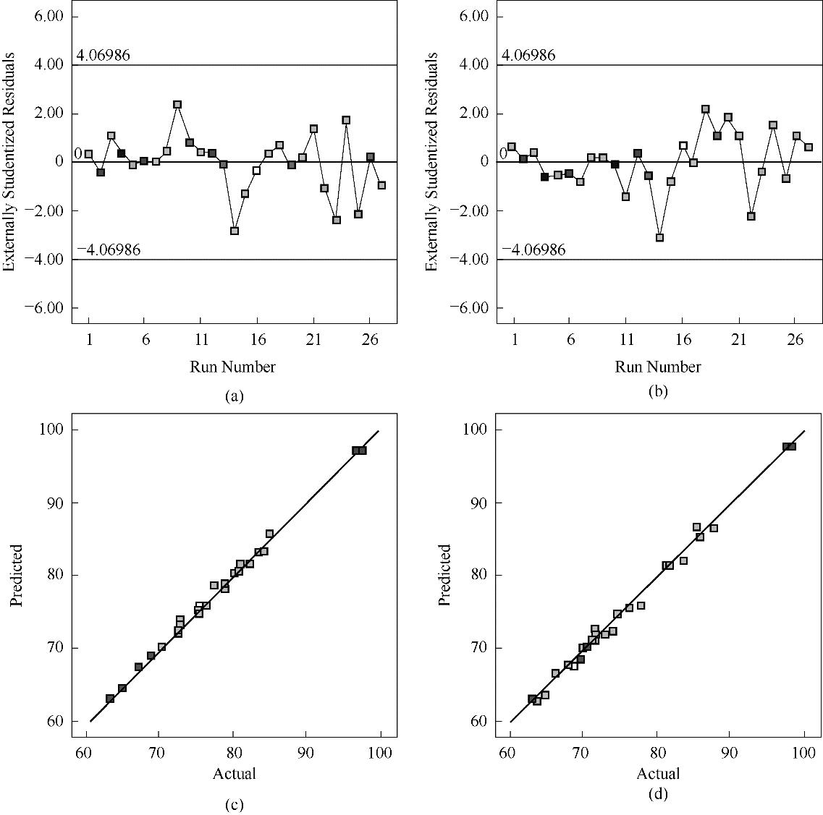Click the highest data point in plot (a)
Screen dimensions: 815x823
pyautogui.click(x=177, y=105)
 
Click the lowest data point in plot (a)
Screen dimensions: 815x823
pyautogui.click(x=235, y=231)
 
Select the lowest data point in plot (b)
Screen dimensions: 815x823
pyautogui.click(x=659, y=237)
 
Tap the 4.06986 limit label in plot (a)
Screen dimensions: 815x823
pyautogui.click(x=104, y=56)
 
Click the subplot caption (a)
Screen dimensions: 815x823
pyautogui.click(x=235, y=396)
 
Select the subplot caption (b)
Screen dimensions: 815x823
pyautogui.click(x=658, y=392)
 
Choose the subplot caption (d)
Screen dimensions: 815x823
pyautogui.click(x=658, y=795)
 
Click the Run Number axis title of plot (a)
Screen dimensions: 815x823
pyautogui.click(x=233, y=367)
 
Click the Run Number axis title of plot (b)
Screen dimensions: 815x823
pyautogui.click(x=658, y=367)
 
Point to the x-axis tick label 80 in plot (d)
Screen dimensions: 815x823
pyautogui.click(x=656, y=753)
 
